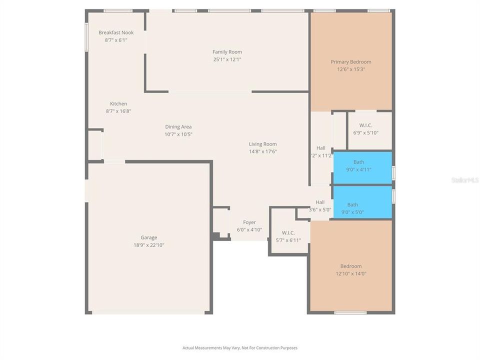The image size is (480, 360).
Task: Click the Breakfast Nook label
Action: coord(116,32)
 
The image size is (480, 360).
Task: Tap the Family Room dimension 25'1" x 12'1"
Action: coord(227,59)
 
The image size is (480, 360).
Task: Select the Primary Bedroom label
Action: coord(351,62)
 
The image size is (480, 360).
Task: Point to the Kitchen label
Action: coord(118,104)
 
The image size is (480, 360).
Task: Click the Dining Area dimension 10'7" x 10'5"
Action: coord(178,134)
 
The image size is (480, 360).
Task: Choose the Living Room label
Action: coord(263,144)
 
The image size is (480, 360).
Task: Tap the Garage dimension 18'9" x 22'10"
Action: coord(148,245)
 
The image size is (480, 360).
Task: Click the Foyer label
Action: coord(249,222)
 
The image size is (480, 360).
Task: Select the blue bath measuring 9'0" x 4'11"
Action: coord(362,167)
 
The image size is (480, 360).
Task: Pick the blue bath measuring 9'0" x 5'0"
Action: coord(362,202)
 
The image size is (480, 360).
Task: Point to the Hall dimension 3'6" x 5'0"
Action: coord(320,209)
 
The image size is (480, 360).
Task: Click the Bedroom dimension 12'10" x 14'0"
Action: coord(351,273)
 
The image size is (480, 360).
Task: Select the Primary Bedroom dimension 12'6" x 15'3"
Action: coord(351,69)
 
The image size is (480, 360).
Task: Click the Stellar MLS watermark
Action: coord(464,179)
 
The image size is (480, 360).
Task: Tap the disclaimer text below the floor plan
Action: coord(240,347)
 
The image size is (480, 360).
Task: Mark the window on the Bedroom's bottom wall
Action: coord(350,312)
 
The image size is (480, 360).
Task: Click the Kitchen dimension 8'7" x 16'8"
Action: coord(118,111)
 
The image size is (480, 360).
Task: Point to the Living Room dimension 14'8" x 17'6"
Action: coord(263,151)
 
